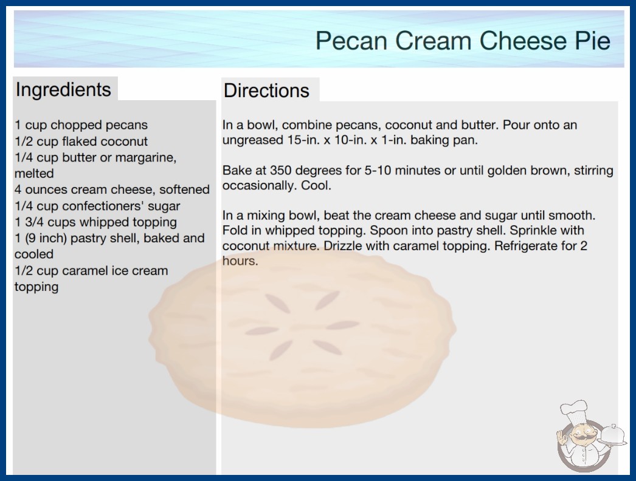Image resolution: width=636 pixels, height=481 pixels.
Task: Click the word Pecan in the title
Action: (x=351, y=41)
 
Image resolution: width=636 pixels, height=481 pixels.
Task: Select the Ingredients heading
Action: (x=63, y=90)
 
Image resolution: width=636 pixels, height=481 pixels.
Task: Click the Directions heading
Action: (x=266, y=90)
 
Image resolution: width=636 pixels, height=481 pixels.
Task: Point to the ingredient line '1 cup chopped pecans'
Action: (x=81, y=125)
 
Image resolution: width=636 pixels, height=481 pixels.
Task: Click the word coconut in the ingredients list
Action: (x=124, y=141)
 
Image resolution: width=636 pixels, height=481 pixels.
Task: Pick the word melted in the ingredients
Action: (x=34, y=174)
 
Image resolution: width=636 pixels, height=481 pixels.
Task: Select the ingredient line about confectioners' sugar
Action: (x=97, y=206)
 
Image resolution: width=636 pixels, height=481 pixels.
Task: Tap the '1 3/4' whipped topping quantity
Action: (x=30, y=222)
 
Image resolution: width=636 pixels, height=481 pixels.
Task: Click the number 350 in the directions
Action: (x=281, y=170)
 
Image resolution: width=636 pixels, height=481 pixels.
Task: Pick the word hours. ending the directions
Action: (x=240, y=261)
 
